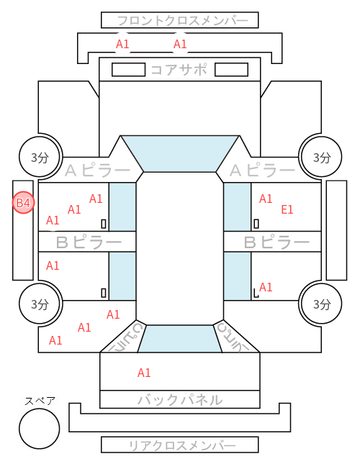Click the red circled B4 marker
23,203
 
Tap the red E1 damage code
287,209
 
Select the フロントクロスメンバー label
182,21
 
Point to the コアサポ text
179,70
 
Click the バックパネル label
180,399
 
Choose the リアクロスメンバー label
182,445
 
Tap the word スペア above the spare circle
40,401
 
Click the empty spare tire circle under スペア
40,428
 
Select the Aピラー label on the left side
97,170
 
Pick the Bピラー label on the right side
276,242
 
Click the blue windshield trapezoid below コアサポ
180,153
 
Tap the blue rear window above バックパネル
180,339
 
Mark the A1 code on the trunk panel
144,373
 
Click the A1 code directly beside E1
266,199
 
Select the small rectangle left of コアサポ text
128,70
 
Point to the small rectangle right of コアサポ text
231,70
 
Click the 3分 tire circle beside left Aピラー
40,157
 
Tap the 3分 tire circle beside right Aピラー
321,157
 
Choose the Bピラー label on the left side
89,242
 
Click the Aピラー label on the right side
262,170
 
